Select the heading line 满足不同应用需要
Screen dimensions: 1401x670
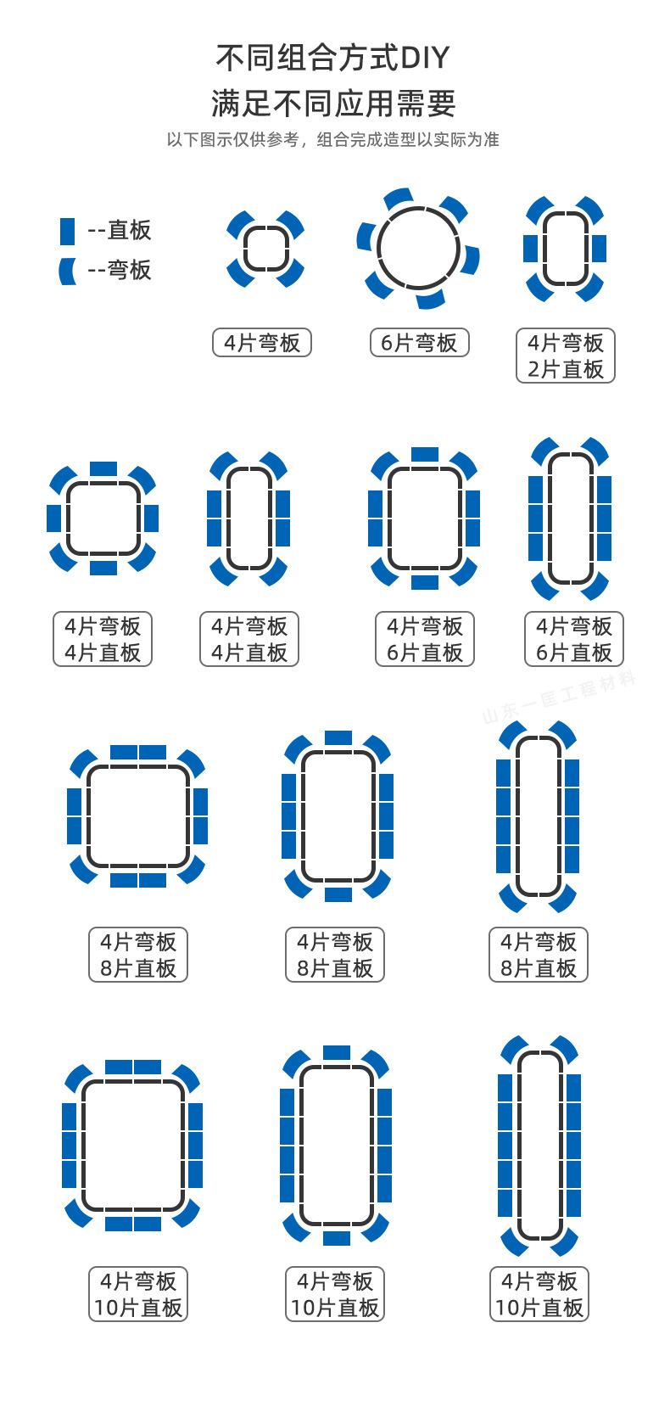pos(333,104)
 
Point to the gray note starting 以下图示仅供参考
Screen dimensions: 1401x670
pos(332,140)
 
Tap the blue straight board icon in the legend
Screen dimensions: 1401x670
pos(67,230)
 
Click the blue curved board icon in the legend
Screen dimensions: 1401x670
pos(67,271)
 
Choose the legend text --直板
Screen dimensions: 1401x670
pos(120,230)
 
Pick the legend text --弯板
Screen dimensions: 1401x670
pos(120,271)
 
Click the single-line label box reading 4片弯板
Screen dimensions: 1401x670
pos(262,343)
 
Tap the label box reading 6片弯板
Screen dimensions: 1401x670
pos(419,343)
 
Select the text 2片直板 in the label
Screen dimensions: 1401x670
pos(566,369)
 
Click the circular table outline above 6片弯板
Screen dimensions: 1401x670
pos(378,249)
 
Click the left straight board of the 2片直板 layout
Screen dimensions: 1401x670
pos(531,249)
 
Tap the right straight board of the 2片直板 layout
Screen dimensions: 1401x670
pos(599,249)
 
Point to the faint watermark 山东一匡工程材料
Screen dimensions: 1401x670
pos(559,698)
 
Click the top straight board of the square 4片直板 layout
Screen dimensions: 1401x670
pos(103,468)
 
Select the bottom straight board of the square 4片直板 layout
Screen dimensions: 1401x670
pos(103,568)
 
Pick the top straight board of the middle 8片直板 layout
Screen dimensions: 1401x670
pos(338,737)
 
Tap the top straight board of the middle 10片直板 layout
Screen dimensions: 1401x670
pos(337,1052)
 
